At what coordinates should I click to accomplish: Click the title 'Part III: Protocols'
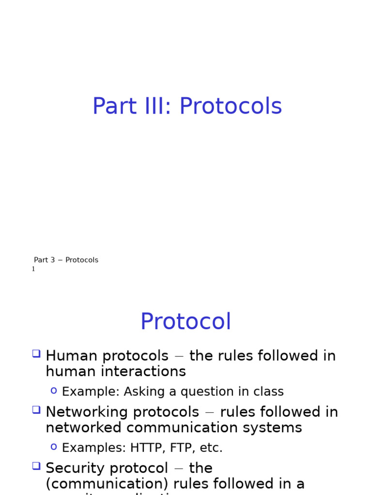click(187, 106)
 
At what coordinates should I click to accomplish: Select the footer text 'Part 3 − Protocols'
click(66, 260)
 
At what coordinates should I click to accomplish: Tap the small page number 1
click(33, 269)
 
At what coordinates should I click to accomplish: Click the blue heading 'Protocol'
click(186, 322)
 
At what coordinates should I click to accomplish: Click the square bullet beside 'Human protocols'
click(36, 354)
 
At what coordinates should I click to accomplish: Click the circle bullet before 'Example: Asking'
click(54, 390)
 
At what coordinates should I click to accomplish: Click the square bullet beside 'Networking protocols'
click(36, 410)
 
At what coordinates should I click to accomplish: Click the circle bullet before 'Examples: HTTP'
click(54, 446)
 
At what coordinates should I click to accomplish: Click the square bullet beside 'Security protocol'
click(36, 466)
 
